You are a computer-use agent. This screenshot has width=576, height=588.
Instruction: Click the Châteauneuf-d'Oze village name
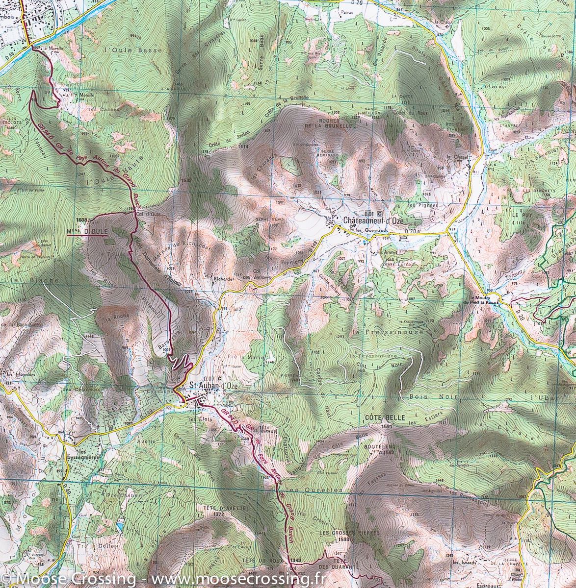[373, 220]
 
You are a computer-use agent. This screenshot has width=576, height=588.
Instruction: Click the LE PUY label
[522, 215]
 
